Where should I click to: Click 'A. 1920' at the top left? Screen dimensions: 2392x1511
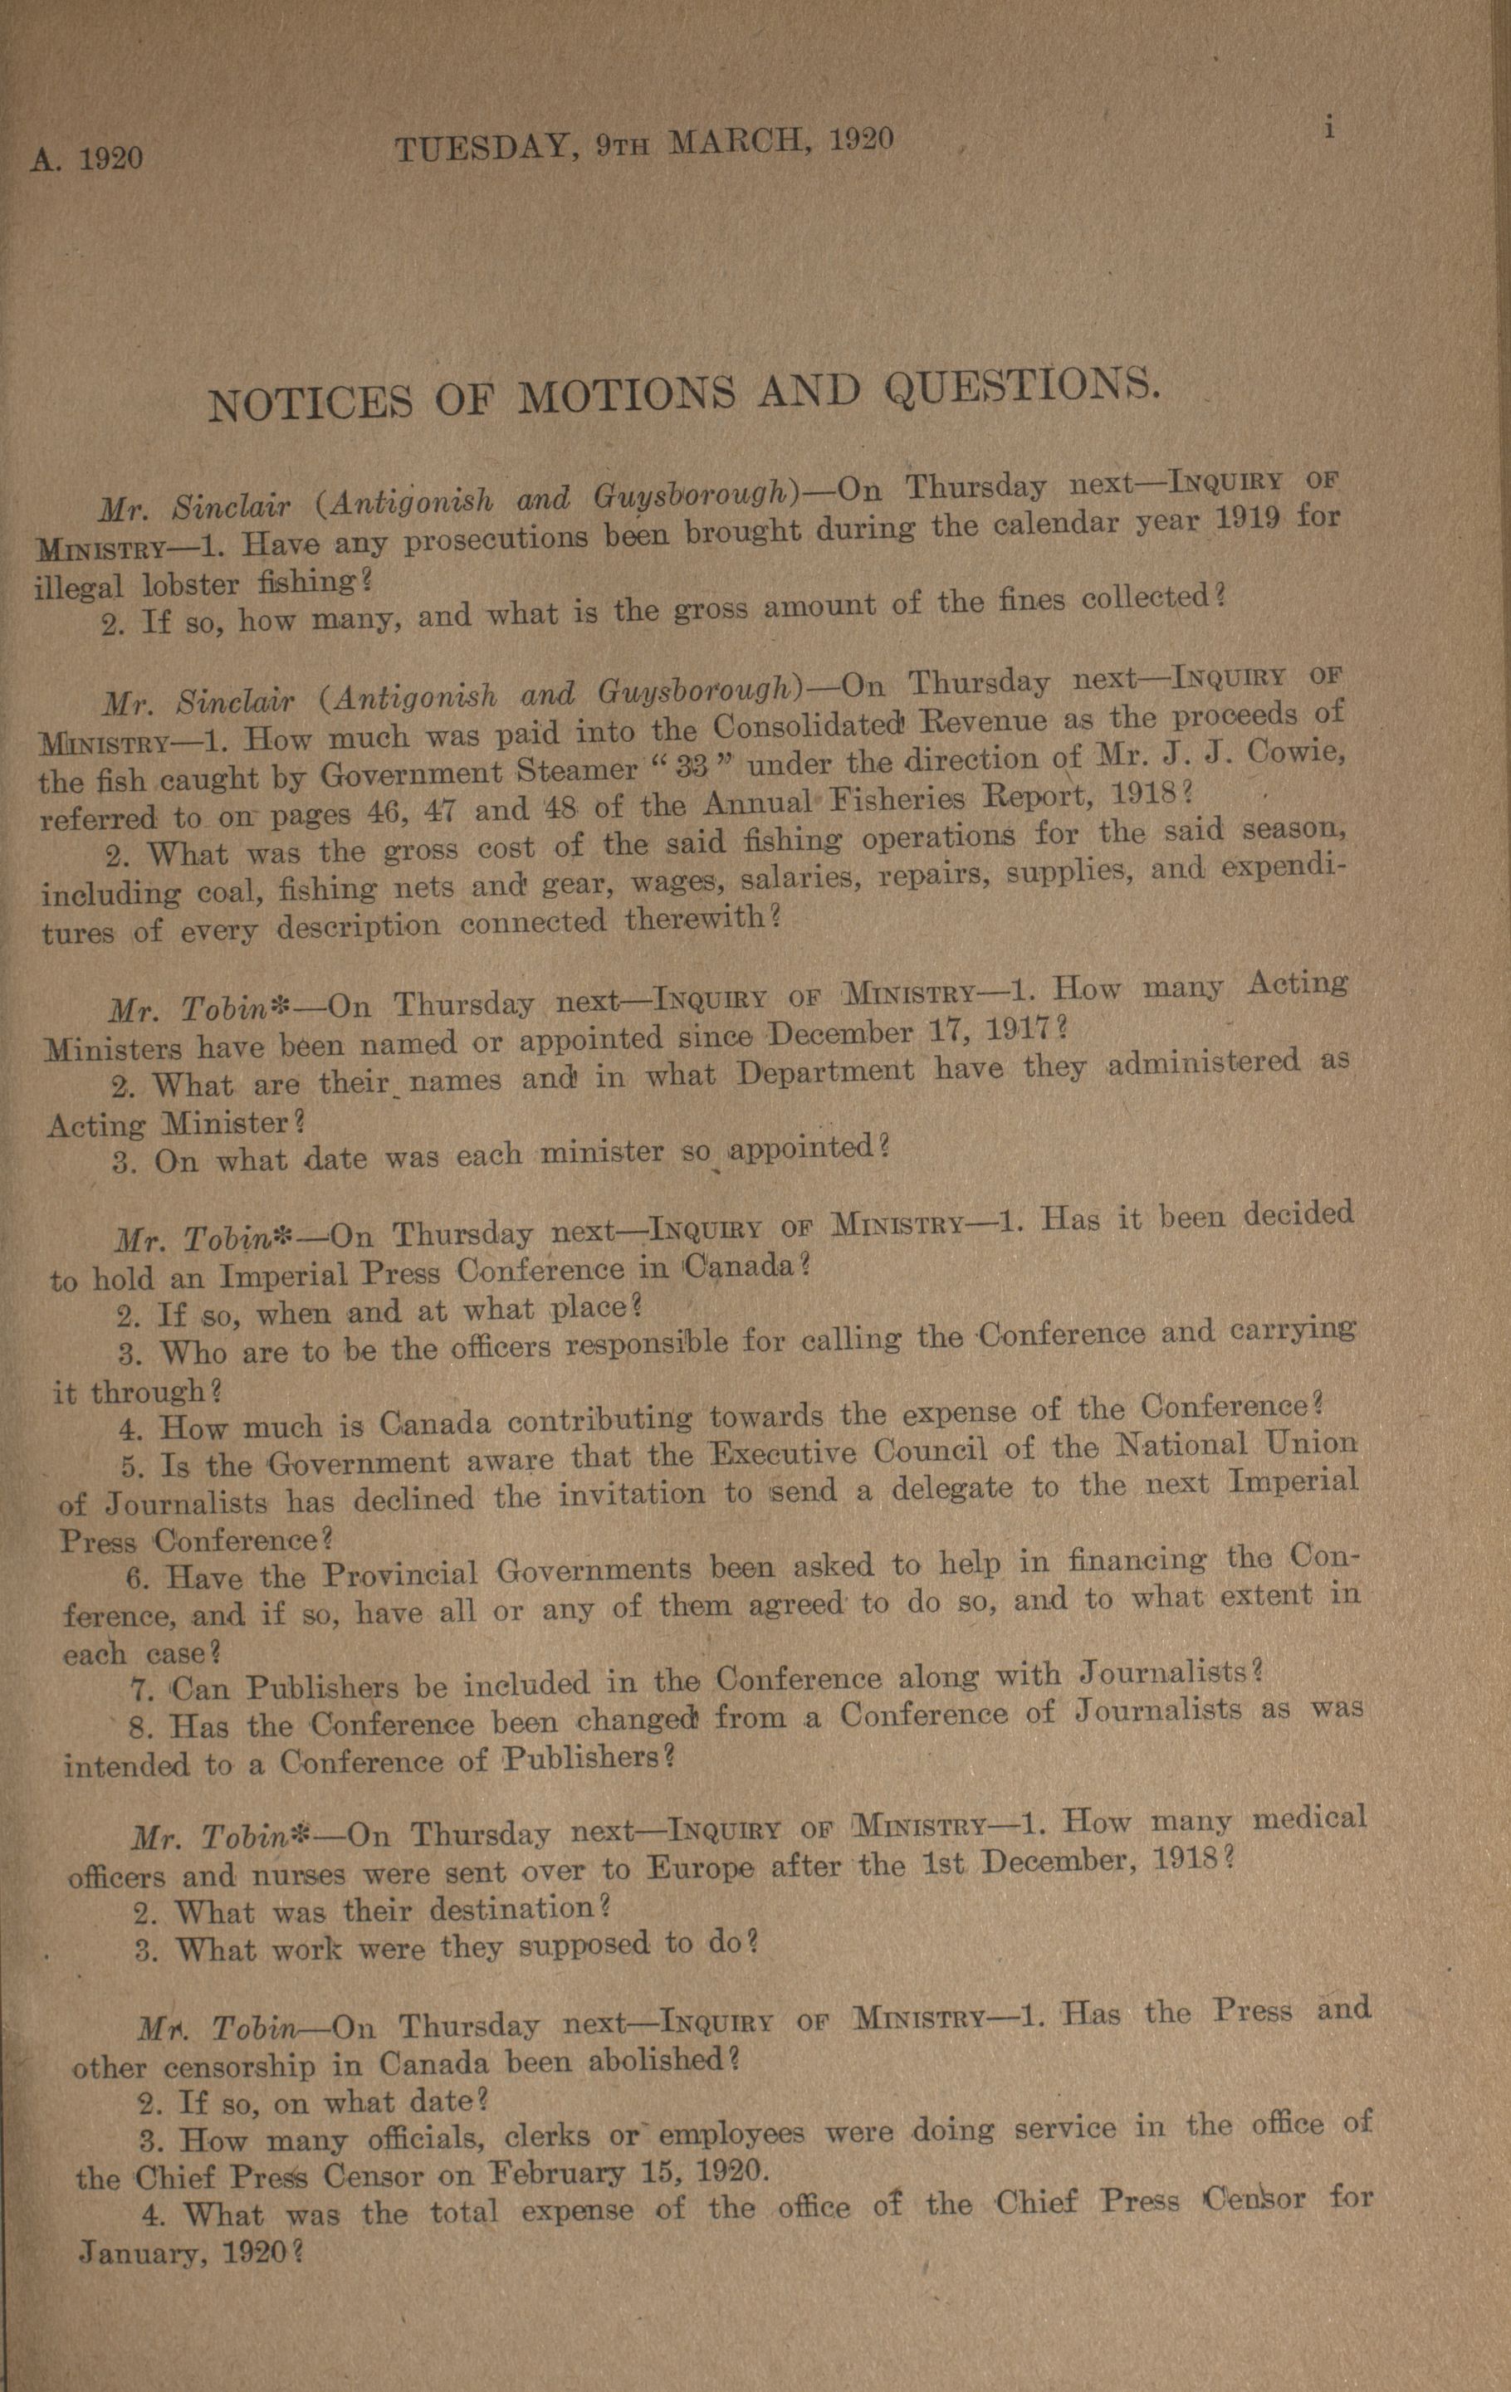87,158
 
